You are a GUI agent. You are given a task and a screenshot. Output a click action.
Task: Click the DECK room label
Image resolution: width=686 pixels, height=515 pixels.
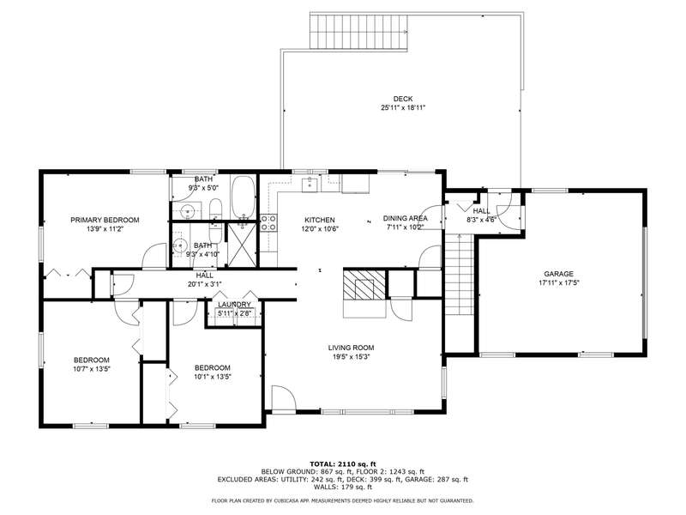(402, 99)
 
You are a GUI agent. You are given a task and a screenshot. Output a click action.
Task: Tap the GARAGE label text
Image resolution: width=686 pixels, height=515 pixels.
(559, 274)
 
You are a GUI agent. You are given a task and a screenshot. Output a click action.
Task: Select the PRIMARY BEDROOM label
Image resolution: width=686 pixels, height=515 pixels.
(105, 220)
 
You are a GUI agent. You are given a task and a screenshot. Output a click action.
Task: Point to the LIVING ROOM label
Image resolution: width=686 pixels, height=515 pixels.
(352, 348)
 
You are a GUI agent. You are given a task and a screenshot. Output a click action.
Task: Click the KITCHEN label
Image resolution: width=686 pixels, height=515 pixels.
(320, 220)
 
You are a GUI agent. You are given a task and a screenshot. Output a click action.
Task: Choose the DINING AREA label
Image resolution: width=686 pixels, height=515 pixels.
(406, 218)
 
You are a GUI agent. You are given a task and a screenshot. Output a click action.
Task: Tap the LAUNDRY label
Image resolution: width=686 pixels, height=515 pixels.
(234, 305)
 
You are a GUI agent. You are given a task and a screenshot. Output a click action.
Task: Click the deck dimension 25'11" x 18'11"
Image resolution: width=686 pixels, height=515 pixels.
(403, 108)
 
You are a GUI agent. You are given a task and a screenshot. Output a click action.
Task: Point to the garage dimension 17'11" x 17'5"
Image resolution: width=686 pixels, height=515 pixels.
(559, 283)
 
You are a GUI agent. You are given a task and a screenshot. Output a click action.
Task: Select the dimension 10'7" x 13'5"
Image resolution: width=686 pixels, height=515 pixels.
(92, 369)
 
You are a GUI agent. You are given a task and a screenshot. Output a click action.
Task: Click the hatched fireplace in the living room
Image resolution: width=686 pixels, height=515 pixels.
(364, 285)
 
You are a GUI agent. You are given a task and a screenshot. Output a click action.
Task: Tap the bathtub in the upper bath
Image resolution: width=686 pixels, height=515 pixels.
(243, 197)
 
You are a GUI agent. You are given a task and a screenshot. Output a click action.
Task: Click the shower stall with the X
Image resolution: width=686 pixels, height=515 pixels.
(242, 245)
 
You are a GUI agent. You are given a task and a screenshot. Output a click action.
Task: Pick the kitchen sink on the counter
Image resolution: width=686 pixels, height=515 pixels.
(311, 184)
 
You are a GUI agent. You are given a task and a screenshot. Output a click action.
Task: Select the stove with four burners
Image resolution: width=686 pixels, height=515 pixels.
(268, 222)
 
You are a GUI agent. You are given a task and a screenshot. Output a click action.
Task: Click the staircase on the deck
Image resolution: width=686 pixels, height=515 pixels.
(358, 31)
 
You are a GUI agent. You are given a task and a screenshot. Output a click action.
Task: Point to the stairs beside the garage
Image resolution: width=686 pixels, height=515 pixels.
(459, 274)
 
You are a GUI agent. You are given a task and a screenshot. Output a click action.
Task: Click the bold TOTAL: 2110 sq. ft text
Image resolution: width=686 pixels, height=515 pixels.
(343, 464)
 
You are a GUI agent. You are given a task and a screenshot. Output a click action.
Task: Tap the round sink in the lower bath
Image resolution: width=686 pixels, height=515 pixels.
(180, 245)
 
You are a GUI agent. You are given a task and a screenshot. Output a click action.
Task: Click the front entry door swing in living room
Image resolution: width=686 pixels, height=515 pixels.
(284, 398)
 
